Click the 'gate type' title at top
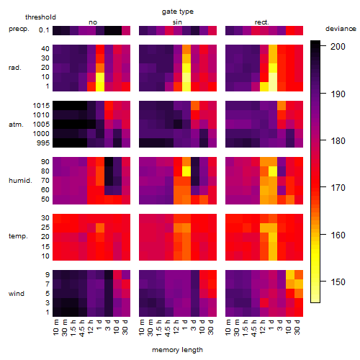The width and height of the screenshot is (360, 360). [x=178, y=12]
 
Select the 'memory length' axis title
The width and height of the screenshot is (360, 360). [x=177, y=350]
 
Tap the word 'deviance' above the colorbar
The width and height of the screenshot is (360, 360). [x=341, y=29]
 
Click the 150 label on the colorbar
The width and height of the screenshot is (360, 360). [x=338, y=282]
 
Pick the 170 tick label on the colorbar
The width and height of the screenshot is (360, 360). [x=338, y=187]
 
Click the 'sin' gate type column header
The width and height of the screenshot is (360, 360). [x=177, y=22]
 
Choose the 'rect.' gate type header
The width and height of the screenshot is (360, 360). [x=261, y=22]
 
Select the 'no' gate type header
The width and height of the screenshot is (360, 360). [x=93, y=22]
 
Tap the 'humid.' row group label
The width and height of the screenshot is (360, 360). [x=20, y=181]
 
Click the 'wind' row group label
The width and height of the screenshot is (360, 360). [x=17, y=294]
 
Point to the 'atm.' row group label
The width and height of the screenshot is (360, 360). [x=16, y=125]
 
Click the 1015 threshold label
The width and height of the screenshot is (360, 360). [x=41, y=106]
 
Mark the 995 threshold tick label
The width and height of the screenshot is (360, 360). [x=43, y=143]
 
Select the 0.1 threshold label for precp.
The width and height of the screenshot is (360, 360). [x=44, y=30]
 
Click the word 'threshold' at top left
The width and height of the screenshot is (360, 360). [x=40, y=17]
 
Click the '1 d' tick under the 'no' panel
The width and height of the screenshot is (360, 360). [x=99, y=325]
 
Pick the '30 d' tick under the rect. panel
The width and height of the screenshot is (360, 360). [x=297, y=328]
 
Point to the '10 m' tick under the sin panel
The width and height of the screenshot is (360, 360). [x=143, y=328]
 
